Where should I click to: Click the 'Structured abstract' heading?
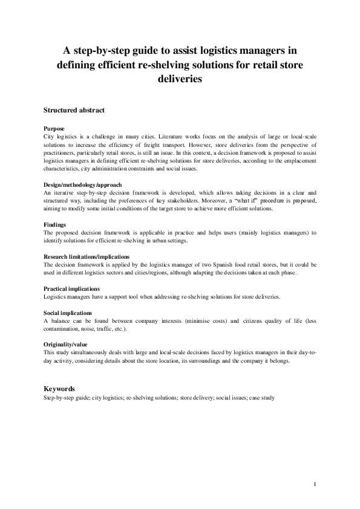(x=74, y=111)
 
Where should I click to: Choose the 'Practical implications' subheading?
(x=72, y=289)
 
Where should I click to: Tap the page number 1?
(x=316, y=484)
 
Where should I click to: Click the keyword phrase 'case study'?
(x=261, y=398)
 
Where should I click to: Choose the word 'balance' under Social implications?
(x=62, y=321)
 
